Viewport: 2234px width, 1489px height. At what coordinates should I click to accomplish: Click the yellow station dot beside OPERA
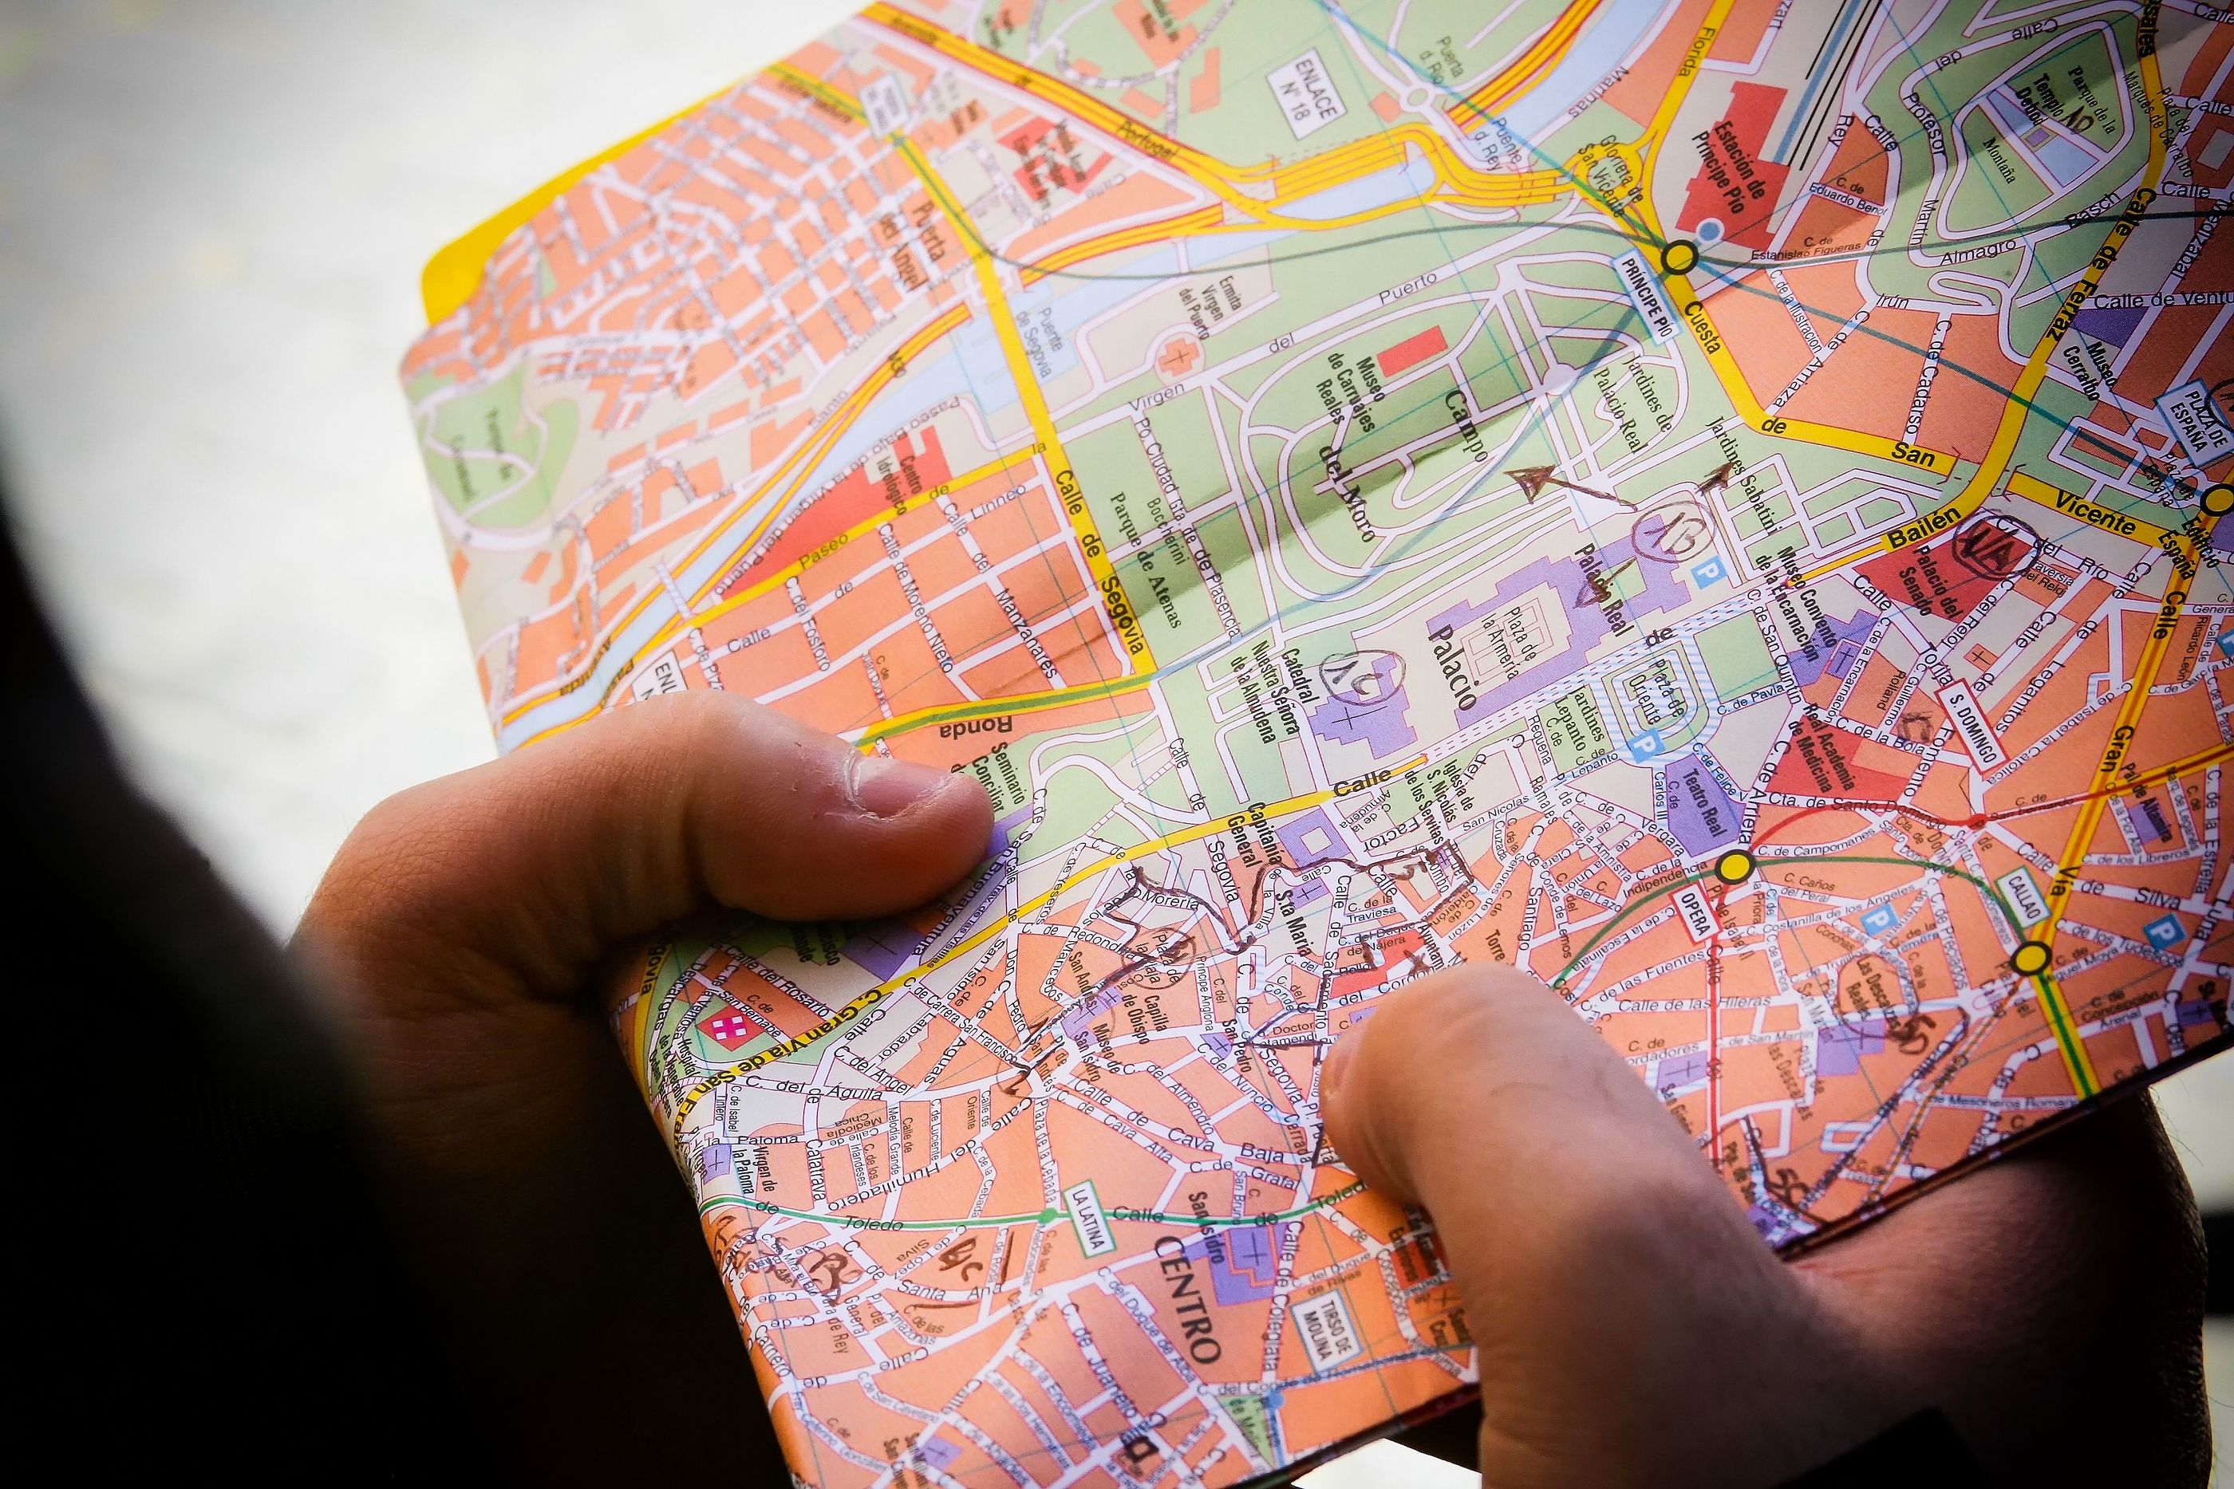click(1735, 865)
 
